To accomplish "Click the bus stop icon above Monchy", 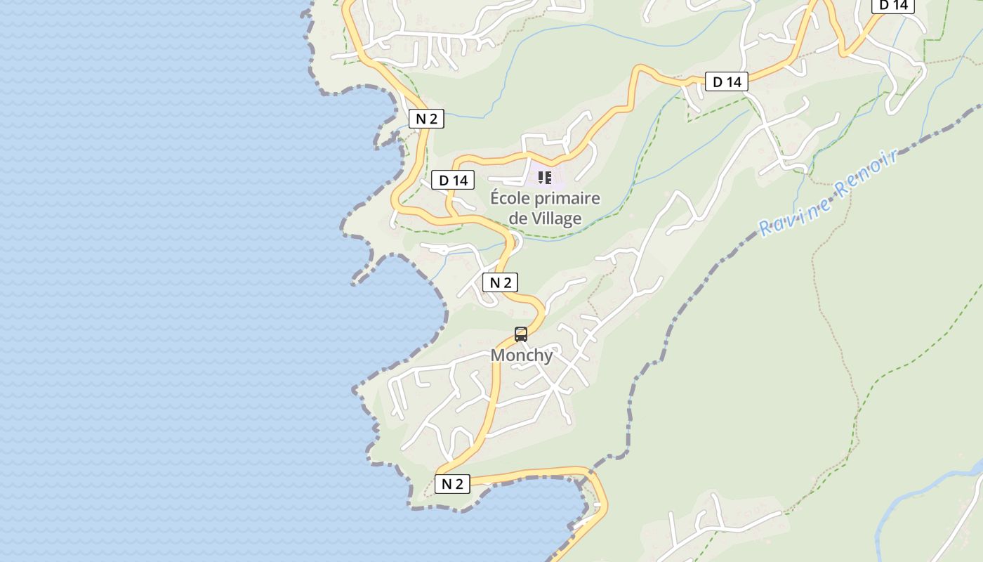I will (x=521, y=334).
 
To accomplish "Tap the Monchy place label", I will (x=522, y=355).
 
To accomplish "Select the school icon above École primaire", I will (x=545, y=177).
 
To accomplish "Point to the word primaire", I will (x=566, y=198).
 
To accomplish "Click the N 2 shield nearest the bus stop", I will (x=500, y=282).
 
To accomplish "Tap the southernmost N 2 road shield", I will (x=452, y=484).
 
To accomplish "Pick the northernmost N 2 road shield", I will (x=426, y=119).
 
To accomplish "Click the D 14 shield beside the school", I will (x=453, y=181).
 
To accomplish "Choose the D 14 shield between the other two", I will (x=727, y=82).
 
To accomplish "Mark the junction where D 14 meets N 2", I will (x=449, y=214).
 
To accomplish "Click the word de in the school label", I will (x=518, y=218).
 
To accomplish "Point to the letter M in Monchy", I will (x=497, y=355).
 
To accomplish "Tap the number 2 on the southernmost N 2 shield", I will (x=459, y=484).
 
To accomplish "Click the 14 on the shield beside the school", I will (x=459, y=181).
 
